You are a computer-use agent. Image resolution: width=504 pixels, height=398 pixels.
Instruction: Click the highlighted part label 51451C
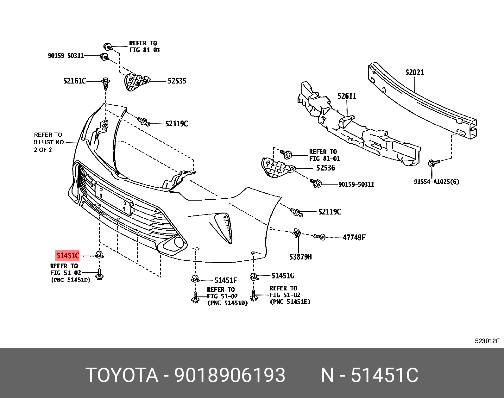click(x=67, y=255)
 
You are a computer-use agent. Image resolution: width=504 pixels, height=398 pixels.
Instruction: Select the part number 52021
click(x=414, y=72)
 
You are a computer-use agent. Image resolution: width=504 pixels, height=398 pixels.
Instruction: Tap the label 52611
click(x=347, y=96)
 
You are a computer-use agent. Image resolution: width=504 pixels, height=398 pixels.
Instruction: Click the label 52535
click(x=177, y=81)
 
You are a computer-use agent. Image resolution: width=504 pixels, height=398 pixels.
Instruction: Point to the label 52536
click(x=325, y=168)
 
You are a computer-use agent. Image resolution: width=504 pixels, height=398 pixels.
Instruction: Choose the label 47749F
click(x=354, y=238)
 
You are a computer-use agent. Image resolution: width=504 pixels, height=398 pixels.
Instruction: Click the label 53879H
click(x=300, y=257)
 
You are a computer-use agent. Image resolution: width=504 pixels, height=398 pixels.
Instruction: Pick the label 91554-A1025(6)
click(x=436, y=182)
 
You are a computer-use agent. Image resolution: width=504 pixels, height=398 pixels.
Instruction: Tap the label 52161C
click(x=74, y=81)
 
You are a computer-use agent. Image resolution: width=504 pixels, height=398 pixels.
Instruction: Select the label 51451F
click(x=225, y=280)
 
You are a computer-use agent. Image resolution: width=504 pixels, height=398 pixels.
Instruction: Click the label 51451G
click(x=283, y=276)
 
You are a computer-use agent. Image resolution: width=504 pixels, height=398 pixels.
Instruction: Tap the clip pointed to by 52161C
click(x=105, y=83)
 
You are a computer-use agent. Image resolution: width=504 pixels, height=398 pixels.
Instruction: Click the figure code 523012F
click(x=487, y=341)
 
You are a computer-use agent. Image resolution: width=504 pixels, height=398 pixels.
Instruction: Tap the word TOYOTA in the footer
click(x=122, y=375)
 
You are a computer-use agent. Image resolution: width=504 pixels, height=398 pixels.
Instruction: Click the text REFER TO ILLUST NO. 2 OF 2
click(x=49, y=142)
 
